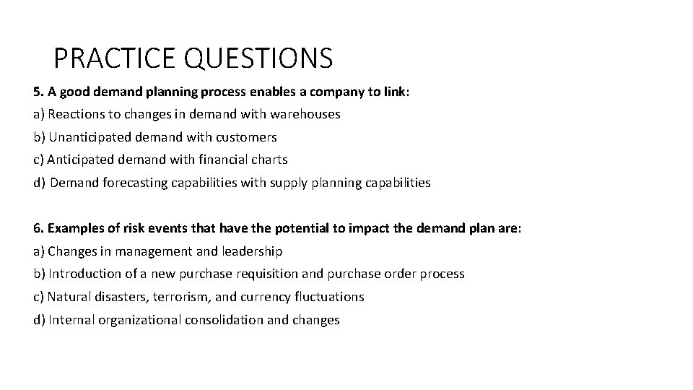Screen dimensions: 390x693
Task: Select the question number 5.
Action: point(37,92)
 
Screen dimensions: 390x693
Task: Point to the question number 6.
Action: point(37,228)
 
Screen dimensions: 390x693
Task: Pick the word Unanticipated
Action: point(84,137)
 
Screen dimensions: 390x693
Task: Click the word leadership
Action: point(254,251)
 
